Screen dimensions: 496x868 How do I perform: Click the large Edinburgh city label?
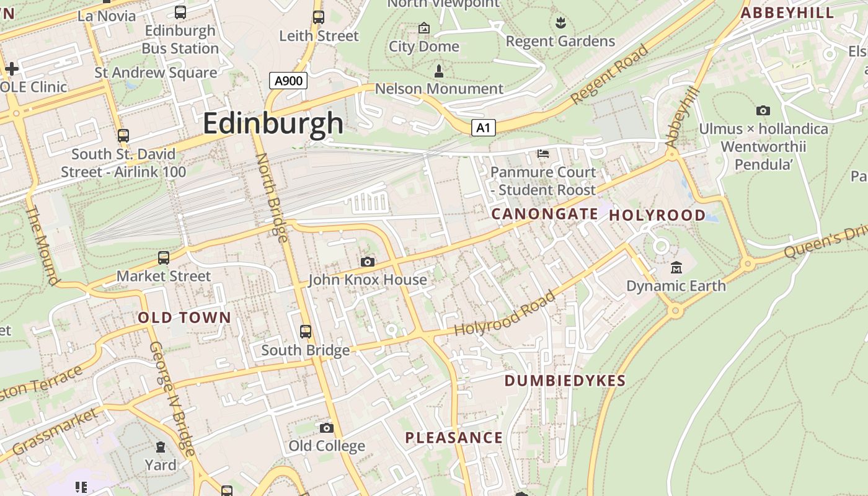[273, 123]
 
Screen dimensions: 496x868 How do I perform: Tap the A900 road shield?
[288, 81]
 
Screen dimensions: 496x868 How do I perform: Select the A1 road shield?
[484, 128]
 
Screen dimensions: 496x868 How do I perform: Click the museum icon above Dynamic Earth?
[676, 268]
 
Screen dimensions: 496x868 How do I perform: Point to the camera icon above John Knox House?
[368, 262]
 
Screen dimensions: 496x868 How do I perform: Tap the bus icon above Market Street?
[164, 257]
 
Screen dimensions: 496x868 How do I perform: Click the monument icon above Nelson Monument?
[439, 71]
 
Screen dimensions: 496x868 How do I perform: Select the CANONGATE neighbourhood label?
[544, 214]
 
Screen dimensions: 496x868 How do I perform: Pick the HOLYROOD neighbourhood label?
[657, 215]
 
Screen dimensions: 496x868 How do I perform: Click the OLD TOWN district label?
[184, 317]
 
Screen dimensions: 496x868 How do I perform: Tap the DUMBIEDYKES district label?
[565, 381]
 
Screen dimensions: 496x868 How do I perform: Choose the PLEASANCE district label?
[454, 438]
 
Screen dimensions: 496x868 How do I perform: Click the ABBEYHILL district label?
[787, 13]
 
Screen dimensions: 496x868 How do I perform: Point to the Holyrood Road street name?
[505, 314]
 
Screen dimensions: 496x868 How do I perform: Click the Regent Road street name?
[609, 74]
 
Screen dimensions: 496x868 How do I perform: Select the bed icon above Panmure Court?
[544, 153]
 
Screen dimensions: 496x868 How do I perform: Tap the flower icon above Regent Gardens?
[560, 24]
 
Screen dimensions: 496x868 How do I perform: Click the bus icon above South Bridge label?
[305, 332]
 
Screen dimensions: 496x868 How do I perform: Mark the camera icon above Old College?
[327, 428]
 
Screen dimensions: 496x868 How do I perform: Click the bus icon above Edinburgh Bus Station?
[180, 12]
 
